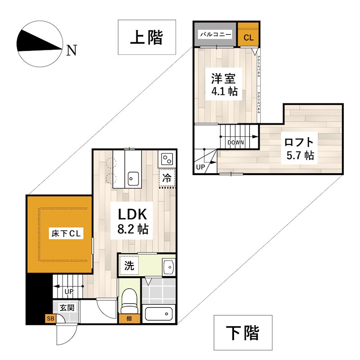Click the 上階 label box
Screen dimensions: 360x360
146,38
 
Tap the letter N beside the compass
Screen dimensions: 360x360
71,49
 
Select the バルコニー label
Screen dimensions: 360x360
216,34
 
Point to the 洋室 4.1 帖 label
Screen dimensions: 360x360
224,85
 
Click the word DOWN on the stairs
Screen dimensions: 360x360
236,143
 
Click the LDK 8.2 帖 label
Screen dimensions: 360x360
133,220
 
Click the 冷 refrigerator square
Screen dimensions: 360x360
166,178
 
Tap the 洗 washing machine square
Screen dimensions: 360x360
129,265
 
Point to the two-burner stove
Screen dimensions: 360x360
166,159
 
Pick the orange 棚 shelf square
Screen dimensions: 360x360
129,319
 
